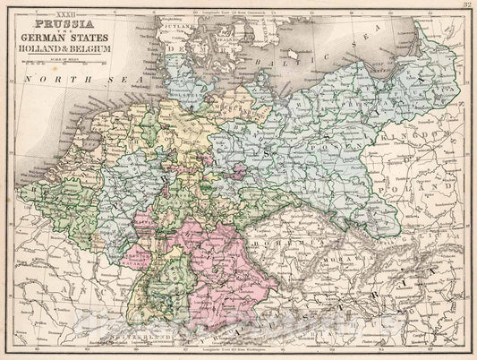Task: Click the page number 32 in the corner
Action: (467, 7)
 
